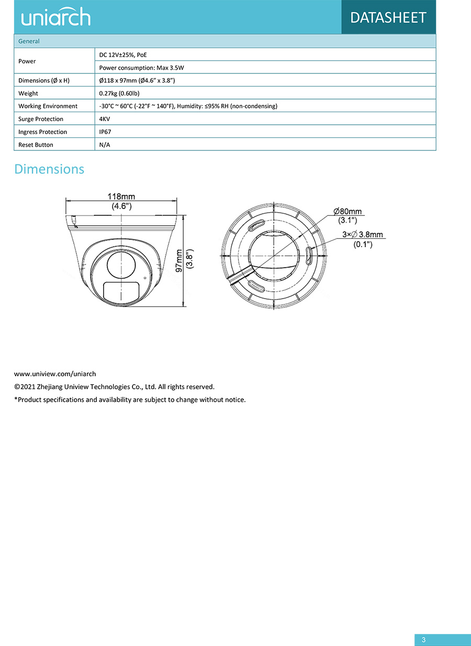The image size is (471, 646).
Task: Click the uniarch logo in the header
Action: [56, 18]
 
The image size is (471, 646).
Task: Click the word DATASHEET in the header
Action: [388, 17]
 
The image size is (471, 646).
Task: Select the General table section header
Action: [29, 41]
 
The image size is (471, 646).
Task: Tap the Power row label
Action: [27, 61]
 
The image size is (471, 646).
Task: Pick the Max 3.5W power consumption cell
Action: [141, 68]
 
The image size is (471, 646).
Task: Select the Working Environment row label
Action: [48, 106]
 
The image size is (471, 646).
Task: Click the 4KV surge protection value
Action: [105, 119]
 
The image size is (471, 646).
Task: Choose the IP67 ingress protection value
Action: [105, 132]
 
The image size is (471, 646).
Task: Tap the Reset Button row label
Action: [36, 145]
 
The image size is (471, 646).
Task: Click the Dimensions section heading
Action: [49, 169]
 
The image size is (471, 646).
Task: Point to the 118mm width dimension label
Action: [121, 196]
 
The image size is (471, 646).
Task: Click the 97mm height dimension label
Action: [180, 260]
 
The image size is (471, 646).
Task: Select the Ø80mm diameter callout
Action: [347, 212]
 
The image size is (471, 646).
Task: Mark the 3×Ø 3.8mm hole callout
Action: [362, 235]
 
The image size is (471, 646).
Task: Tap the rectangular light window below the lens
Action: [121, 292]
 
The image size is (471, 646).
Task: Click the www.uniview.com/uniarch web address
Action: [55, 374]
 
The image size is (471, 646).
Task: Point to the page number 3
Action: [424, 640]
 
